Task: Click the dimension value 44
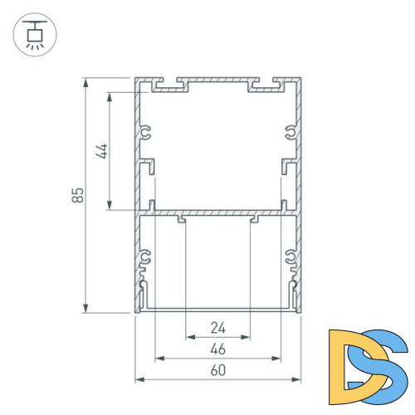click(x=102, y=151)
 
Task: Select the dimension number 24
click(x=217, y=327)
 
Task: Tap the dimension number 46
click(x=217, y=349)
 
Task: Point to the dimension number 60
click(x=217, y=370)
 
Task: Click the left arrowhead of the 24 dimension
click(x=188, y=338)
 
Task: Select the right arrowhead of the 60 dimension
click(x=297, y=380)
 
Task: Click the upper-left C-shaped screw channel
click(x=146, y=131)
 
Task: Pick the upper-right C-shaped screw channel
click(x=290, y=131)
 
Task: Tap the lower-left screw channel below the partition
click(x=146, y=258)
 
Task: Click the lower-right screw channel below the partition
click(x=290, y=258)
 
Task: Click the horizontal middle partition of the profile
click(x=217, y=213)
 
